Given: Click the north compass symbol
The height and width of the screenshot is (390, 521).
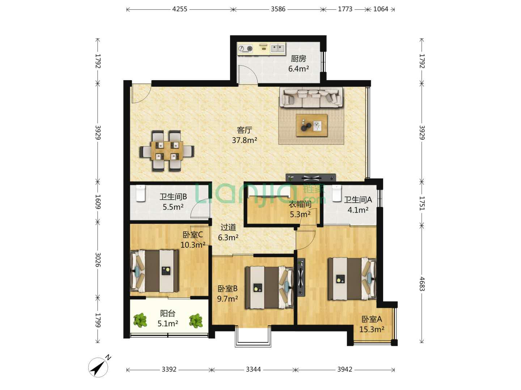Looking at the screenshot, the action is tap(98, 367).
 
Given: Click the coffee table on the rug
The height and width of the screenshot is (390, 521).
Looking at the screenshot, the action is tap(312, 125).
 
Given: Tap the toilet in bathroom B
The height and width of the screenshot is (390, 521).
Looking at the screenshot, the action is tap(141, 193).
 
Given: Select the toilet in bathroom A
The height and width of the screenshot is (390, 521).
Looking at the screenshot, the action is tap(336, 193).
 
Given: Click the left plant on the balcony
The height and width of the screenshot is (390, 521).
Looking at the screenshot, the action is tap(140, 320).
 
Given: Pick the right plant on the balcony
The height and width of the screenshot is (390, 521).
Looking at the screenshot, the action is tap(196, 321).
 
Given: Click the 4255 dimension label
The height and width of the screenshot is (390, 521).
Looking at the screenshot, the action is tap(180, 9).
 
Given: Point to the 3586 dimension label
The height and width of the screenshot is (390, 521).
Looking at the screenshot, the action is tap(278, 9).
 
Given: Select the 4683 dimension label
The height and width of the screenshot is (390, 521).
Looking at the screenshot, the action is tap(422, 284).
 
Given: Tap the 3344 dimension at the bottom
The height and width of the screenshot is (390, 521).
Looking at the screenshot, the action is tap(253, 369).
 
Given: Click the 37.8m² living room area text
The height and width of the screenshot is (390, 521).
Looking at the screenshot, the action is tap(245, 140).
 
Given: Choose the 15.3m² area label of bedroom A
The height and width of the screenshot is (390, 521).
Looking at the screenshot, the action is tap(372, 329).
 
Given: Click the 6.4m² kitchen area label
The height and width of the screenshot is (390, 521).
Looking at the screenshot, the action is tap(298, 69).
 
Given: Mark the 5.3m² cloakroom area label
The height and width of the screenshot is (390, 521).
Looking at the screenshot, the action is tap(300, 214).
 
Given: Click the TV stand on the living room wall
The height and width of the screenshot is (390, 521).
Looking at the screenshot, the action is tap(311, 177).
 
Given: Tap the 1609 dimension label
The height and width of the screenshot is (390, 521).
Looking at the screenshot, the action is tap(98, 202).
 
